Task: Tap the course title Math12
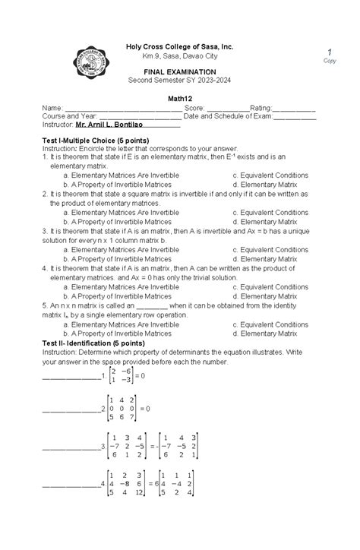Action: pos(180,99)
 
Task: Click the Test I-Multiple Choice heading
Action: pos(94,141)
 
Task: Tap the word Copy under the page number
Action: pos(330,62)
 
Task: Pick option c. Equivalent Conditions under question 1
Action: pos(270,175)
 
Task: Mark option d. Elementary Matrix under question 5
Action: pos(264,333)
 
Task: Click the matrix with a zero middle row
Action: pos(122,409)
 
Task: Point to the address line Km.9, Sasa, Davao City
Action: pos(179,57)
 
